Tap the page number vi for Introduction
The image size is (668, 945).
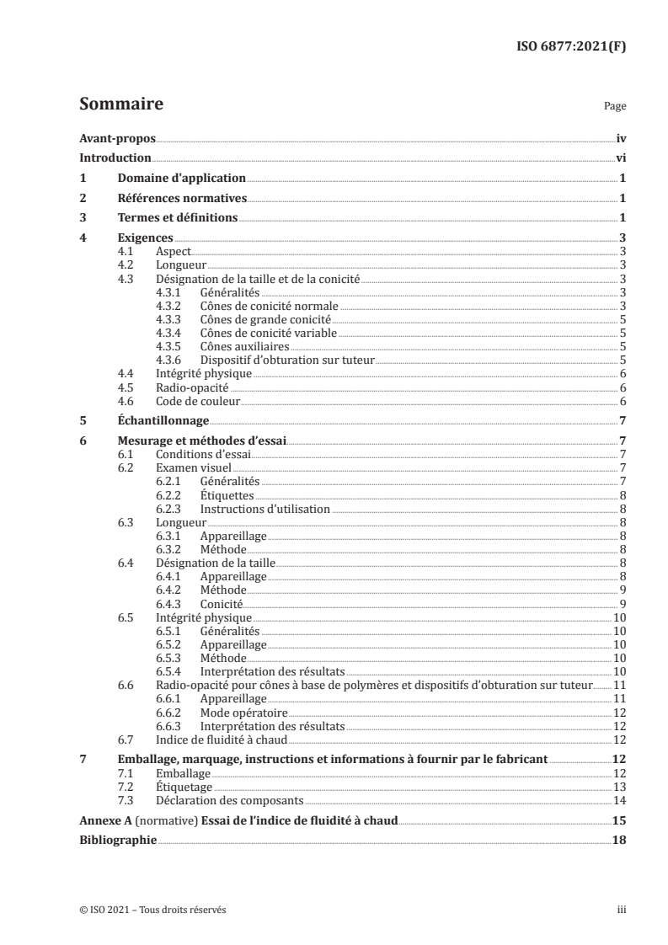[x=620, y=157]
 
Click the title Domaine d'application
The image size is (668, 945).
[x=180, y=179]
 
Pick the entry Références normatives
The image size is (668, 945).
[x=181, y=199]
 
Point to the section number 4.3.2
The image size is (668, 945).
[x=170, y=305]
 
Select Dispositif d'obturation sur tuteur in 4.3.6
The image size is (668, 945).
[x=287, y=360]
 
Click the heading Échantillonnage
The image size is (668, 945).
[x=162, y=421]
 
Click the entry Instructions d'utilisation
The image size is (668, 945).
[x=265, y=509]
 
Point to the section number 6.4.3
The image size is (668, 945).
[x=170, y=604]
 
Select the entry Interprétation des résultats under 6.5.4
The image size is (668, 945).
[x=273, y=672]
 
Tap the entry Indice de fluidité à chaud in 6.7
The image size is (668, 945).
[x=222, y=739]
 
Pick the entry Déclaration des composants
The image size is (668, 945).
[x=230, y=800]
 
